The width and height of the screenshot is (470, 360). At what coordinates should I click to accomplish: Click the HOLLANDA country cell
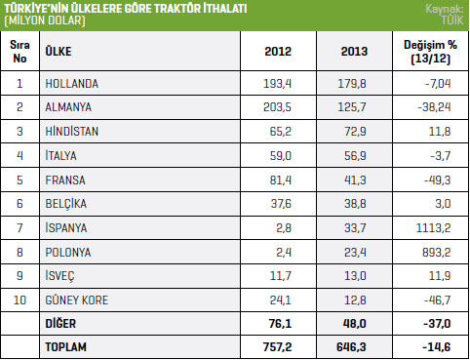point(71,84)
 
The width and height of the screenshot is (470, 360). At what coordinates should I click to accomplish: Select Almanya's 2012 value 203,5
point(277,107)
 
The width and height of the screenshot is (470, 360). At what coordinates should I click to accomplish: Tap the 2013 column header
point(354,52)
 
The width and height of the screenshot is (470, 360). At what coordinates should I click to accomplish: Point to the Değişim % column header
point(430,52)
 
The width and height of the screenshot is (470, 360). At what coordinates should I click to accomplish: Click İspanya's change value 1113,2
point(434,228)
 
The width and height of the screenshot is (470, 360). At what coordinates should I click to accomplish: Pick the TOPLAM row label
point(66,347)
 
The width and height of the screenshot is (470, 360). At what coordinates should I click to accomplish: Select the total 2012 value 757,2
point(278,347)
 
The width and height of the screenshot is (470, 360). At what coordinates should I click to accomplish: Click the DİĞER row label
point(60,323)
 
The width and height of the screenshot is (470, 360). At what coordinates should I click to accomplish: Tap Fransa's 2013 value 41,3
point(355,180)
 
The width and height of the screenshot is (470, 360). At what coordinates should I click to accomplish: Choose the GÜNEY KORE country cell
point(77,300)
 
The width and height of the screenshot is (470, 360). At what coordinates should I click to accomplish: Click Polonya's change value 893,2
point(437,252)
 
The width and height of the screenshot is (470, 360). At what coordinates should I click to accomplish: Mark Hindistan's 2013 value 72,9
point(355,132)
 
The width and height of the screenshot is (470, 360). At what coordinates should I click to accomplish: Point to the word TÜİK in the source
point(452,20)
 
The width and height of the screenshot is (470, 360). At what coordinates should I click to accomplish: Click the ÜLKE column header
point(59,52)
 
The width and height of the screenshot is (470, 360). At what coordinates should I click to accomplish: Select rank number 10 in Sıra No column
point(20,300)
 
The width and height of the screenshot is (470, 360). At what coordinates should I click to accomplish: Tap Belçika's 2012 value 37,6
point(281,204)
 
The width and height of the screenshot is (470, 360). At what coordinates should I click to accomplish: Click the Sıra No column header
point(20,52)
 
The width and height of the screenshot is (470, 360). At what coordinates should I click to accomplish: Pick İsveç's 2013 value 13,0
point(355,276)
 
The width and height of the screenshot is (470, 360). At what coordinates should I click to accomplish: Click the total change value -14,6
point(437,347)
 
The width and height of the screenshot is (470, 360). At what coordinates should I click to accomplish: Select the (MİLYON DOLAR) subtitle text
point(45,20)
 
